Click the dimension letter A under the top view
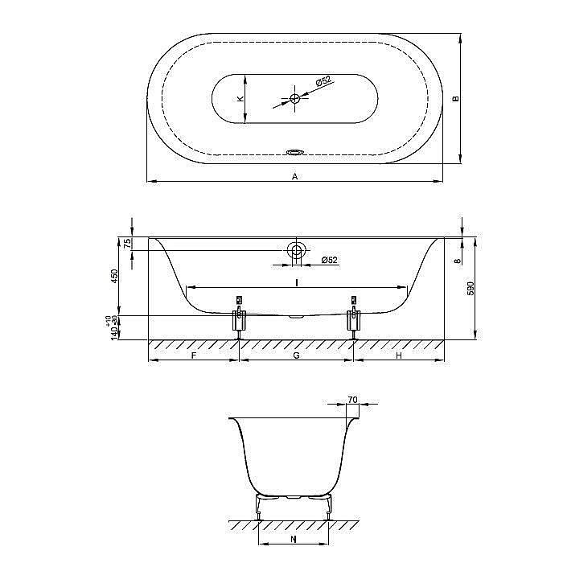click(295, 175)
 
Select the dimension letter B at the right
click(455, 98)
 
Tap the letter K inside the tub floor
click(240, 99)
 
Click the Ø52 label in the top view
click(323, 82)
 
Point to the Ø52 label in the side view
click(328, 260)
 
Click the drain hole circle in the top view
click(295, 99)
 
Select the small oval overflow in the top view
click(295, 150)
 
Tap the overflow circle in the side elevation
click(297, 250)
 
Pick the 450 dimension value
click(114, 277)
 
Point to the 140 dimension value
click(114, 331)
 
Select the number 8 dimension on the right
click(456, 261)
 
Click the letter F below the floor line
click(194, 355)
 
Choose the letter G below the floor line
click(296, 355)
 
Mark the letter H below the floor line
click(399, 355)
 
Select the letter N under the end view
click(292, 540)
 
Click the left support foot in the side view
click(239, 318)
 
